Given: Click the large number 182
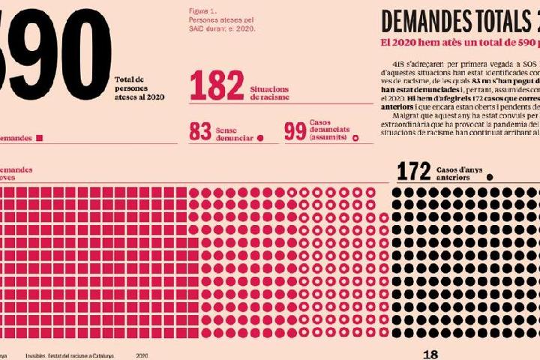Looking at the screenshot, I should tap(217, 85).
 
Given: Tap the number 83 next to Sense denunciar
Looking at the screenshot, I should tap(199, 132).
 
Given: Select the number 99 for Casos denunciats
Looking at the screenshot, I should tap(294, 132).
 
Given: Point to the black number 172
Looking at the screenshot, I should tap(413, 172).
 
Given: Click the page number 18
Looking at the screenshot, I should tap(430, 355).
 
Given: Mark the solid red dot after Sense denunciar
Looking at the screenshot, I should tap(260, 138).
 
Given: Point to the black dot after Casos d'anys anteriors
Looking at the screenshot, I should tap(489, 178).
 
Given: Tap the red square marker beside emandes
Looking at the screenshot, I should tap(40, 138).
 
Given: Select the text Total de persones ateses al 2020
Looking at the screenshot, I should tap(139, 88).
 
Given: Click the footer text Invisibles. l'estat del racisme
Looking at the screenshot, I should tap(70, 355).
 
